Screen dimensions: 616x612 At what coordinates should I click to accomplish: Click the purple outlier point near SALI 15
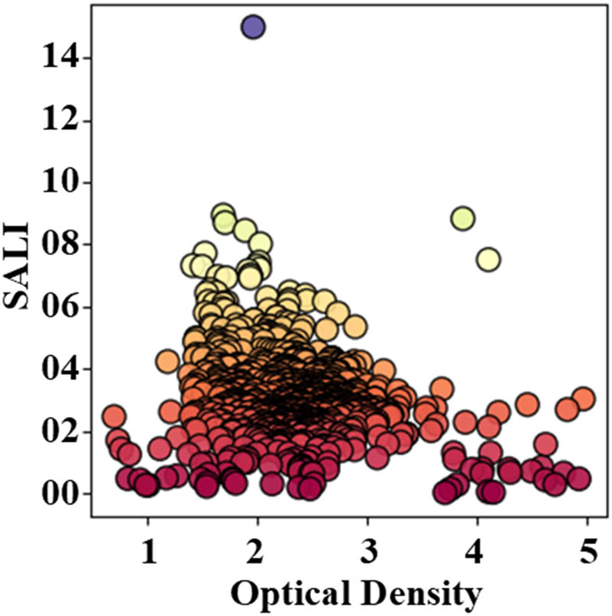pyautogui.click(x=253, y=27)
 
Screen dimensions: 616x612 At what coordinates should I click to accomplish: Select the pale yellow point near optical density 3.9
pyautogui.click(x=462, y=219)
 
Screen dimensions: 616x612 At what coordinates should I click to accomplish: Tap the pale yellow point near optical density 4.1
pyautogui.click(x=488, y=260)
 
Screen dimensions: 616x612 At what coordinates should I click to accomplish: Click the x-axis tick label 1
pyautogui.click(x=148, y=552)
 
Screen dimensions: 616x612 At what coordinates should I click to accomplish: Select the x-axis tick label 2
pyautogui.click(x=258, y=552)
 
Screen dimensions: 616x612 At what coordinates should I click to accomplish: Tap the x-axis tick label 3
pyautogui.click(x=368, y=552)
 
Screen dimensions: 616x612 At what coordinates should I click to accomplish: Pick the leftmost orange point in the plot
pyautogui.click(x=114, y=417)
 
